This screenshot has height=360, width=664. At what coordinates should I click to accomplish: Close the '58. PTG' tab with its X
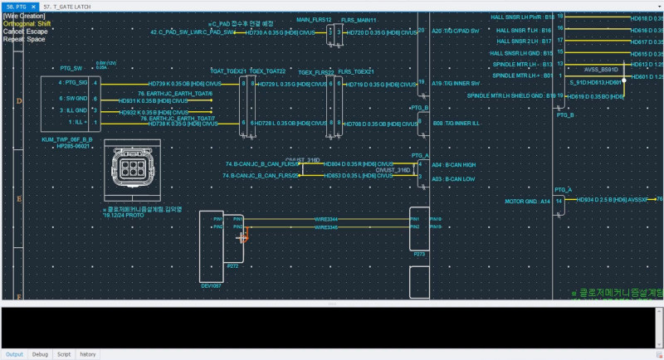pos(34,6)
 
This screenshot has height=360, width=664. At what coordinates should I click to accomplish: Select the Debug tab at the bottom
pos(40,354)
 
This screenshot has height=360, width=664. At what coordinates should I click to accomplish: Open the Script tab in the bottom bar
pos(63,354)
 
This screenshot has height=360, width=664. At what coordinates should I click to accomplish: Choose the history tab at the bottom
pos(87,354)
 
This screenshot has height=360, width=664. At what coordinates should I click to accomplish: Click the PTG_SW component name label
pos(71,68)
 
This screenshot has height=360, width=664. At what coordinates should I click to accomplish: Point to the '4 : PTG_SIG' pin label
pos(72,84)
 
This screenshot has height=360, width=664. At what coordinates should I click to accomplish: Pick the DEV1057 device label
pos(212,285)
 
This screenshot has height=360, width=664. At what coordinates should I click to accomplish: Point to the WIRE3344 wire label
pos(326,218)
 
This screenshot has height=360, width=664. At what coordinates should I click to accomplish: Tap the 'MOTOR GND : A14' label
pos(528,201)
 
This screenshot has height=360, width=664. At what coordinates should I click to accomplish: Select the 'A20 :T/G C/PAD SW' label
pos(456,31)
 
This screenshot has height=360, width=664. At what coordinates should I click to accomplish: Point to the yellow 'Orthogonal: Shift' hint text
pos(26,23)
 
